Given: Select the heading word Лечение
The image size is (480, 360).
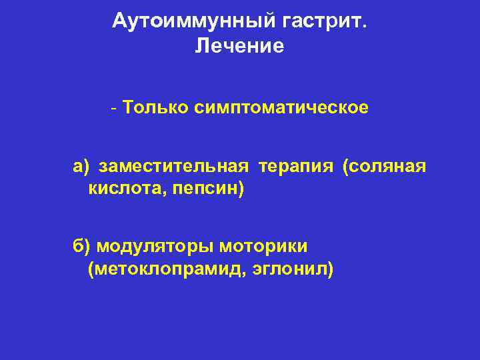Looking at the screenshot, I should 239,46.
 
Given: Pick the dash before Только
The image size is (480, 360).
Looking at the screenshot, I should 115,108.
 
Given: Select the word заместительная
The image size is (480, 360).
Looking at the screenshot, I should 174,166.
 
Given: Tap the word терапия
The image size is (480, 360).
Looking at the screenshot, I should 296,166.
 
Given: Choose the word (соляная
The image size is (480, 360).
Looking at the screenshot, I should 384,166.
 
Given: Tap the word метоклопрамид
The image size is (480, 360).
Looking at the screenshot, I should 167,270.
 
